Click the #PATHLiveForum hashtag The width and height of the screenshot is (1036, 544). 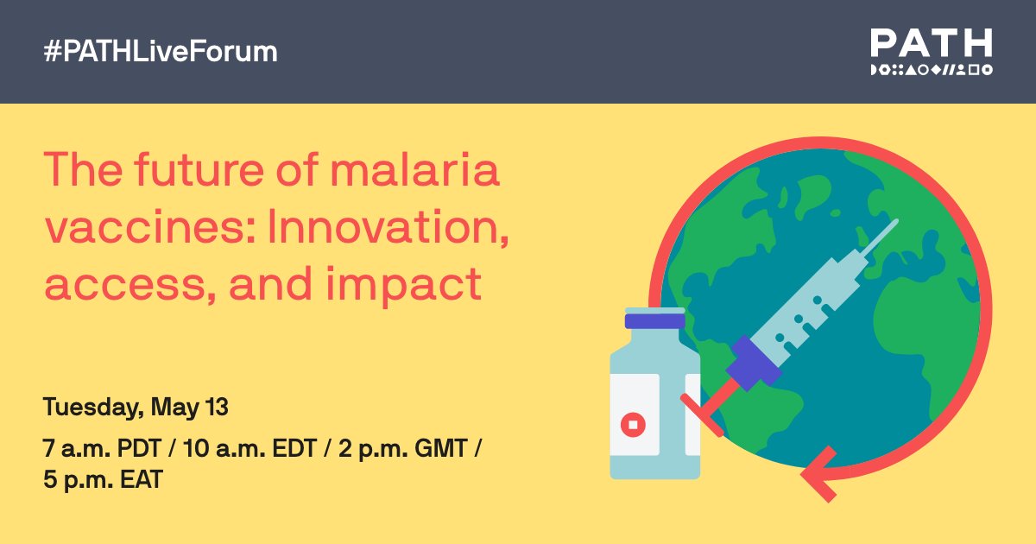pos(161,51)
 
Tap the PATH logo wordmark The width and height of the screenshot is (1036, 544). pos(932,42)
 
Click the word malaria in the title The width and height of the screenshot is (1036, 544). pos(415,170)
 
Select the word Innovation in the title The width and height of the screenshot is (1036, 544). pos(388,227)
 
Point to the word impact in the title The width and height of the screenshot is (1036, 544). pos(404,284)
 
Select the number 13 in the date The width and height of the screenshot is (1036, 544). pos(217,407)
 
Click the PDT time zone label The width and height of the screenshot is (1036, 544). pos(139,448)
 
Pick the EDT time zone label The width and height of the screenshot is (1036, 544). pos(294,448)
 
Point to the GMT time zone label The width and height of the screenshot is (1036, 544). pos(441,448)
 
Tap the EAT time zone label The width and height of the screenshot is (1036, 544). pos(142,479)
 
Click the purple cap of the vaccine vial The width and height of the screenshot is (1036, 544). pos(655,320)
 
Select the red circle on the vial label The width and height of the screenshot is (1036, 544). pos(633,425)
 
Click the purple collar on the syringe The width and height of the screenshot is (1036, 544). pos(754,364)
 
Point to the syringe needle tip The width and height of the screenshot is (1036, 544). pos(896,222)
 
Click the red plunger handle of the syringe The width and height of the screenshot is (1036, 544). pos(710,407)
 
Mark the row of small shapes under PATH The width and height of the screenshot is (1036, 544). pos(932,70)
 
